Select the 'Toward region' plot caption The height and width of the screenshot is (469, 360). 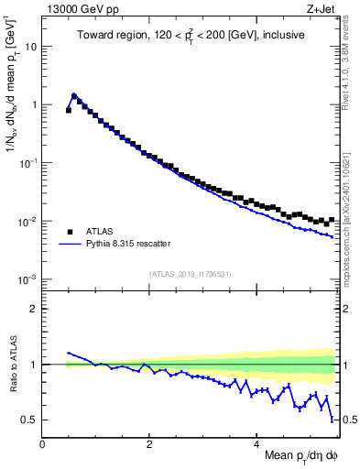click(x=190, y=36)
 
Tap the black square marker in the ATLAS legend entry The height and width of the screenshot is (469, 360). click(x=71, y=231)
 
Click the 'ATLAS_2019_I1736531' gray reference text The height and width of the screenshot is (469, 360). click(x=190, y=275)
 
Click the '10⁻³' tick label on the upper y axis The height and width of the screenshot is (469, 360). click(x=28, y=279)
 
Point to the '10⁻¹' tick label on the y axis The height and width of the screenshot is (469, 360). click(x=28, y=163)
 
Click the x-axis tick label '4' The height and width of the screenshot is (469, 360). click(x=256, y=444)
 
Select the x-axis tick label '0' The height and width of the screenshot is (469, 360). click(x=43, y=444)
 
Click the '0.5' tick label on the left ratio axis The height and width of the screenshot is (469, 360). click(x=29, y=420)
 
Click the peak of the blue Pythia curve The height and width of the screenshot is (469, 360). click(x=74, y=94)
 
